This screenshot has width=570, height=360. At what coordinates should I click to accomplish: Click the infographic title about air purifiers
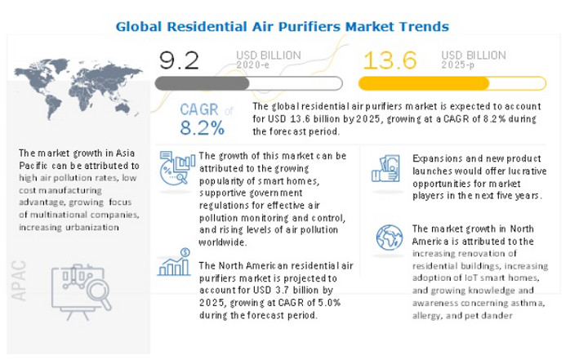[282, 26]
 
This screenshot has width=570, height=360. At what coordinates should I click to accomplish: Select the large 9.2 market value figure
[179, 60]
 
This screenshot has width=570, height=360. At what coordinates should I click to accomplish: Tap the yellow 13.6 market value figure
[390, 60]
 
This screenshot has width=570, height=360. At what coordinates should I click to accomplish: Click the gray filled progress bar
[203, 83]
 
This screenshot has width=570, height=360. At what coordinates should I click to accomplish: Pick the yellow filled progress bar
[424, 83]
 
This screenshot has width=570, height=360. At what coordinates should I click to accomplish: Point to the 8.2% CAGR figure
[203, 128]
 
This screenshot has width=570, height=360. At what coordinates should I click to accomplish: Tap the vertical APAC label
[19, 281]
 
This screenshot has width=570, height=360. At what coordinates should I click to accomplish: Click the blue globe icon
[390, 238]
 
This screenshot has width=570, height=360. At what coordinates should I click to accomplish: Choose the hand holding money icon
[386, 168]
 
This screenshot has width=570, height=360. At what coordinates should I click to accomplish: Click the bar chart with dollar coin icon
[175, 262]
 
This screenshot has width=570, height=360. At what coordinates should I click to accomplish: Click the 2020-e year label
[252, 65]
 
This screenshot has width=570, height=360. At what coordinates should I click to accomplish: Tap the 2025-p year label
[458, 65]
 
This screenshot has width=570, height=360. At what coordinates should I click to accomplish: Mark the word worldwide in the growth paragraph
[222, 242]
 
